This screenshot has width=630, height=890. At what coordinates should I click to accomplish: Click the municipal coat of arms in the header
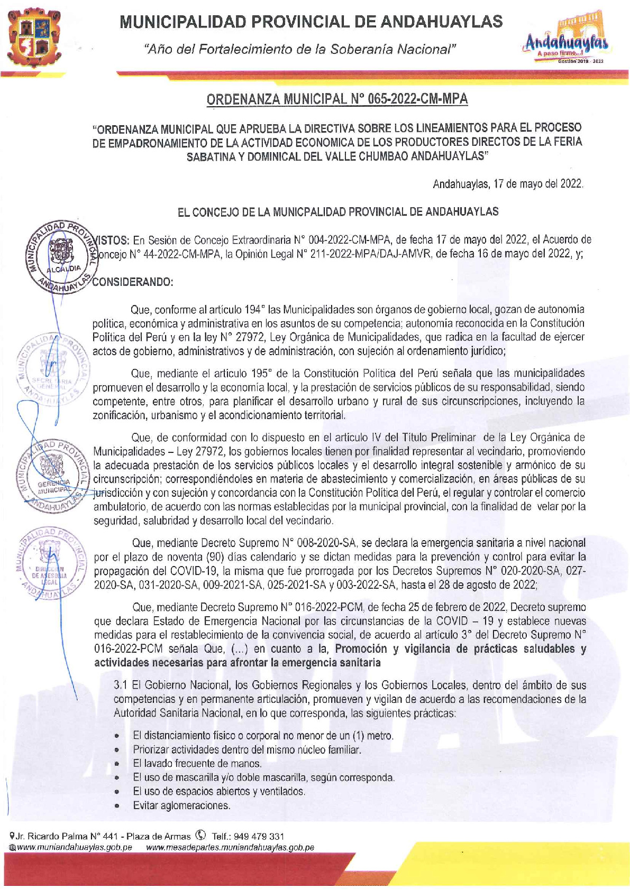tap(34, 39)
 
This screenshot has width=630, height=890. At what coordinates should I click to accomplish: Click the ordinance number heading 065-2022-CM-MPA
tap(336, 99)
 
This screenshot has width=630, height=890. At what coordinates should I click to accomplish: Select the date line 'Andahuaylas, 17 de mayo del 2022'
tap(508, 184)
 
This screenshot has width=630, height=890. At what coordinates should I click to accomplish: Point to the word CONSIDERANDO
tap(133, 282)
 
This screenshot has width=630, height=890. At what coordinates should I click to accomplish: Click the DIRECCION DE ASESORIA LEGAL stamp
tap(50, 564)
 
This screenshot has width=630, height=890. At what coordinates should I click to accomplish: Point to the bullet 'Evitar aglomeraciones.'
tap(181, 805)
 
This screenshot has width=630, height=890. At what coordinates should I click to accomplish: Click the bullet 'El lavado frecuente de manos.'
tap(197, 763)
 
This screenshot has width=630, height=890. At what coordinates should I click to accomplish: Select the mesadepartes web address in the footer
tap(230, 847)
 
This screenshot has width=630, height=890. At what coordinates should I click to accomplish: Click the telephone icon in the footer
tap(200, 836)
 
